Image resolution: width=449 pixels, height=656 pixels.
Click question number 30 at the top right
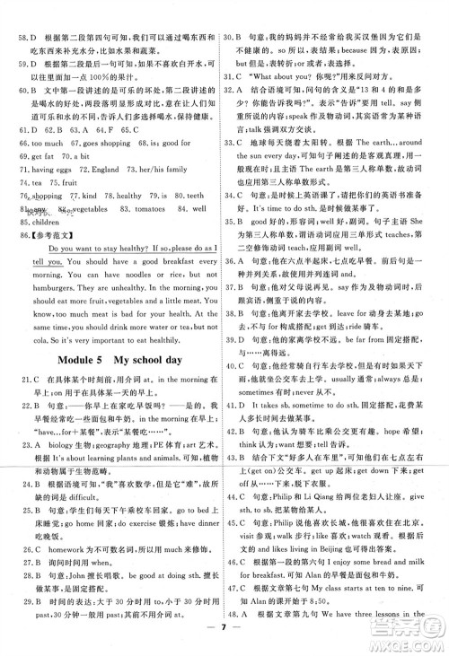coord(234,13)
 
